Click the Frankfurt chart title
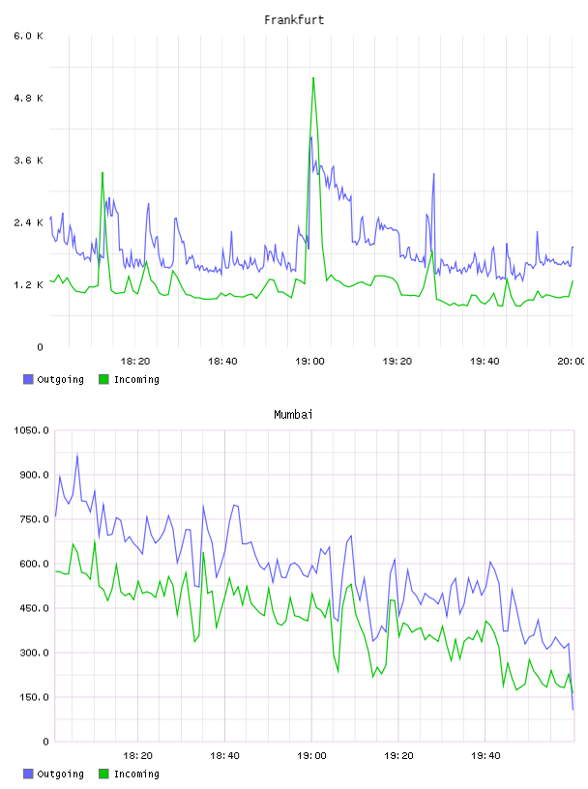click(294, 20)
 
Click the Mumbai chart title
click(293, 415)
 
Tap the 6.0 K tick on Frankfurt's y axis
click(28, 36)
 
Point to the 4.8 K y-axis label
click(28, 98)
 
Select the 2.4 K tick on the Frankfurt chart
click(28, 222)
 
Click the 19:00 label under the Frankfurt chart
click(309, 362)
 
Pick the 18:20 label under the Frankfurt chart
click(135, 362)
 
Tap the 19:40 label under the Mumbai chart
click(485, 756)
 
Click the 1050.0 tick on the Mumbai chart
click(31, 430)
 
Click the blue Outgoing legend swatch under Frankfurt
click(28, 379)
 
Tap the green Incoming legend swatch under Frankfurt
click(103, 379)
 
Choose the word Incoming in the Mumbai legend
click(136, 774)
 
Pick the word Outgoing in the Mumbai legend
click(60, 774)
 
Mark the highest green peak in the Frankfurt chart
click(313, 78)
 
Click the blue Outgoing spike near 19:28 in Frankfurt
click(433, 174)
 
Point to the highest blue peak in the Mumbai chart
click(77, 454)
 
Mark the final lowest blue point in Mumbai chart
click(573, 709)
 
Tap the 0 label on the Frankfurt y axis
click(40, 347)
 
